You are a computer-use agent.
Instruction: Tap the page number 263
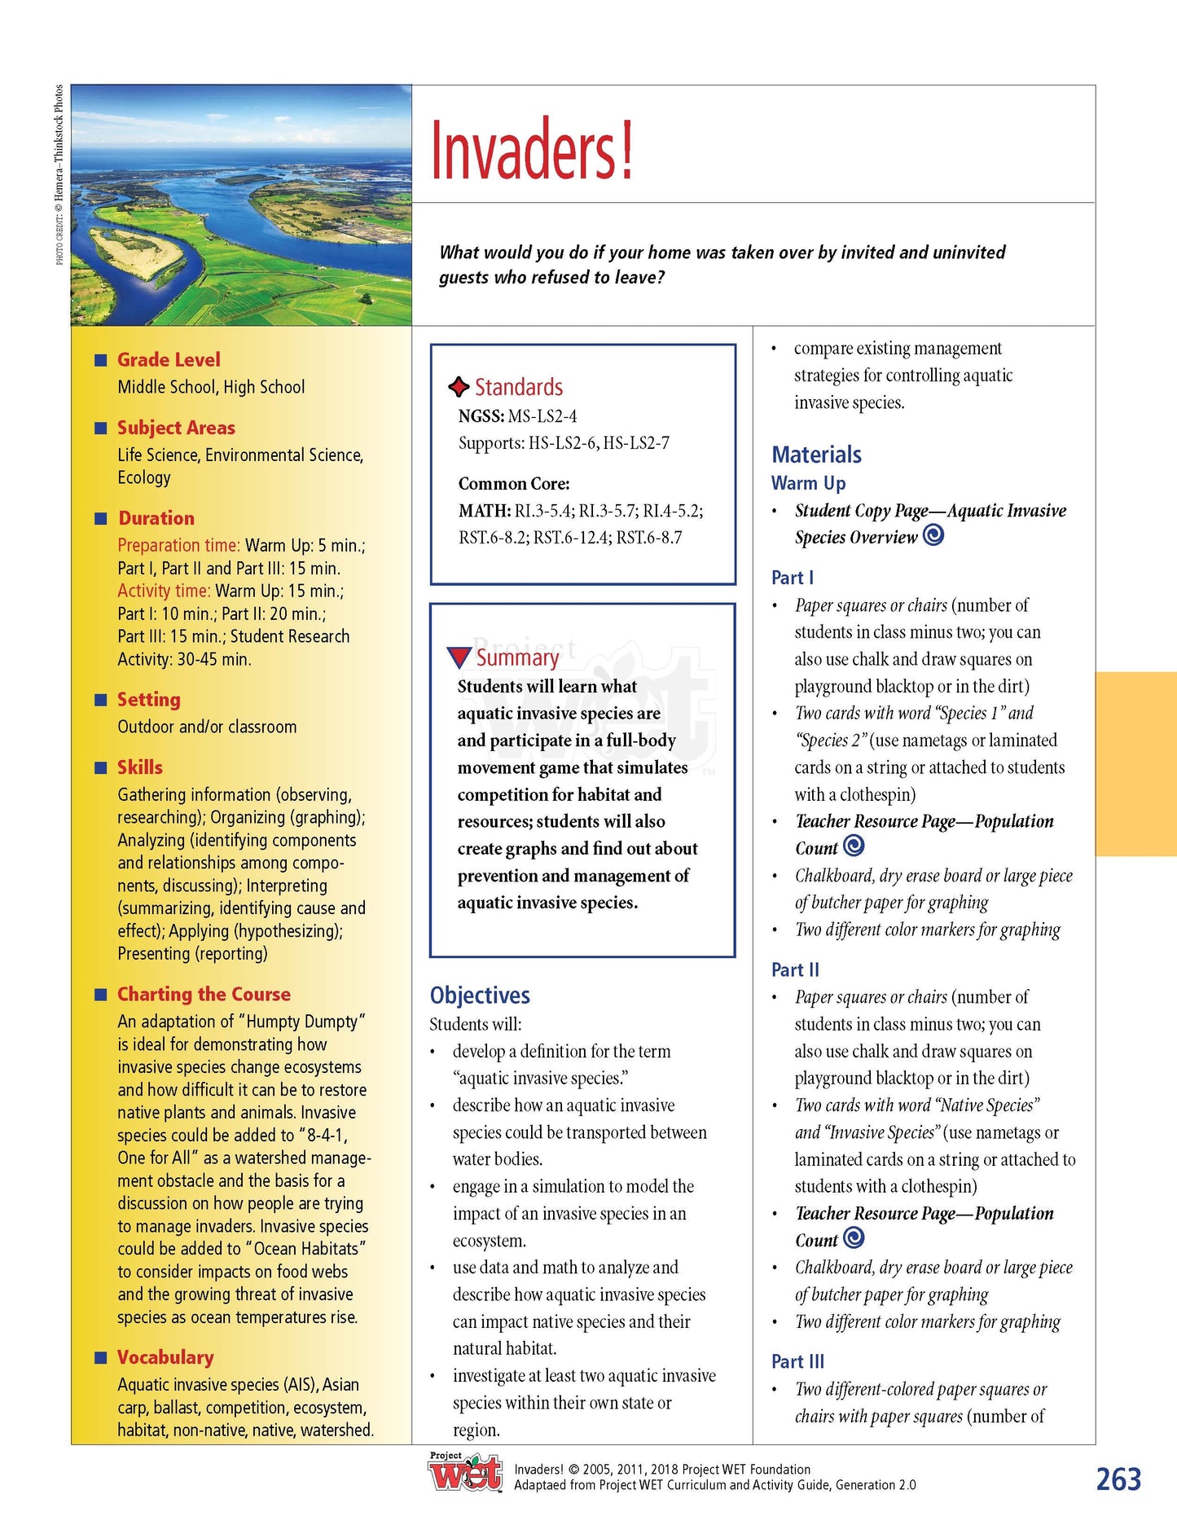point(1118,1479)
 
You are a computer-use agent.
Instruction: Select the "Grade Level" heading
point(169,359)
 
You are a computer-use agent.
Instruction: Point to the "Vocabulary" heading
point(165,1356)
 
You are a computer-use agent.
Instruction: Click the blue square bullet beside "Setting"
point(101,700)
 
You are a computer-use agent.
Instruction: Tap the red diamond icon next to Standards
point(459,387)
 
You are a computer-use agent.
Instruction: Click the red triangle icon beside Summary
point(459,657)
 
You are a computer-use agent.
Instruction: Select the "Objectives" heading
point(480,995)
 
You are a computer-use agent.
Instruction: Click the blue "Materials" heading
point(816,455)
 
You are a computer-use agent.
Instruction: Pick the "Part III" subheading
point(797,1361)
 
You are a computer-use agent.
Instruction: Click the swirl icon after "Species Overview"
point(933,535)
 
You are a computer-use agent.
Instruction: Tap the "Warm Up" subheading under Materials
point(808,483)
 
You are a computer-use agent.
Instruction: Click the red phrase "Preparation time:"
point(178,545)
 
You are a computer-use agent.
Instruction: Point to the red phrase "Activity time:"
point(164,591)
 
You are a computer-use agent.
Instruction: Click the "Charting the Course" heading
point(204,994)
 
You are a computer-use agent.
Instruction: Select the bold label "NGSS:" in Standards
point(481,416)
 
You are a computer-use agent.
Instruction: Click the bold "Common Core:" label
point(514,483)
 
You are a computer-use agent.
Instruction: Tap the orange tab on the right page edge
point(1135,763)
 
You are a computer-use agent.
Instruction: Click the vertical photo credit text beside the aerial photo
point(59,174)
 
